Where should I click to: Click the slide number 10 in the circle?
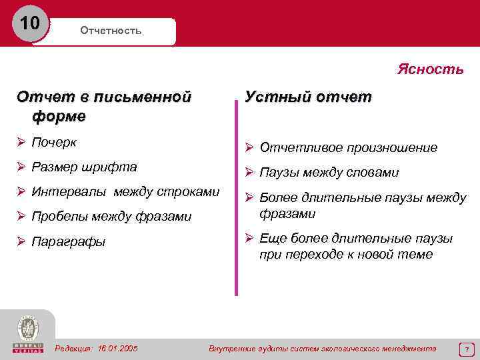(x=29, y=23)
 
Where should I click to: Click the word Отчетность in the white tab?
(x=111, y=31)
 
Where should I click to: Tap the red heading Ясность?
(x=430, y=69)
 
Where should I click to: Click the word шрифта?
(x=114, y=167)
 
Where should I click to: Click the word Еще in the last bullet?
(x=271, y=239)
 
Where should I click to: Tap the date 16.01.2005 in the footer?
(x=118, y=349)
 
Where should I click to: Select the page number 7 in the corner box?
(x=467, y=349)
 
